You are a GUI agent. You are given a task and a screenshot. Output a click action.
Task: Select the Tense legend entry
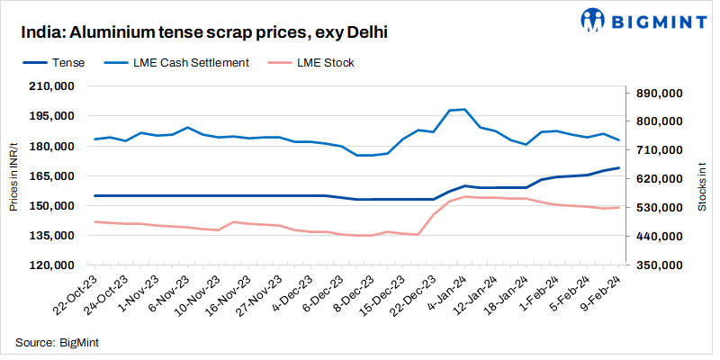[68, 63]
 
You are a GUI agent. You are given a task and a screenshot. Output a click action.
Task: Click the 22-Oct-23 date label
[75, 297]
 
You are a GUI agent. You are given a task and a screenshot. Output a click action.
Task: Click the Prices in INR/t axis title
[13, 176]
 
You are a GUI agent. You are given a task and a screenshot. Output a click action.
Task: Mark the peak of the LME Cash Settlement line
[463, 109]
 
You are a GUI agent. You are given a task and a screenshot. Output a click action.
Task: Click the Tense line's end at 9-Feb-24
[618, 168]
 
